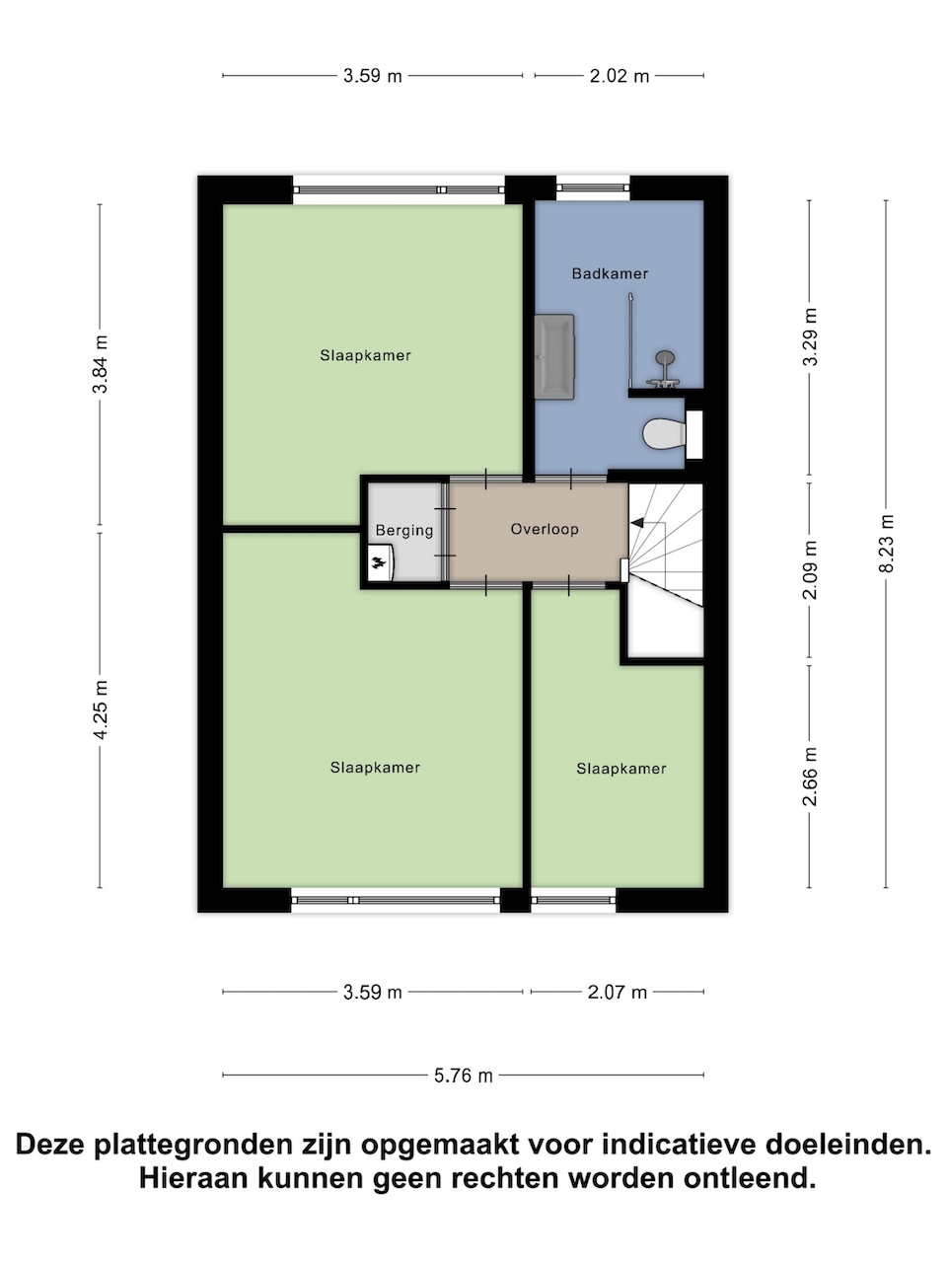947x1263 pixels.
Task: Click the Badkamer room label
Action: pyautogui.click(x=610, y=274)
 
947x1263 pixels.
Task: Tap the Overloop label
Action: pyautogui.click(x=545, y=529)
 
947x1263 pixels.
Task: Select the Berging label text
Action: pyautogui.click(x=404, y=530)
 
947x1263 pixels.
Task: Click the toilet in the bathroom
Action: pyautogui.click(x=664, y=434)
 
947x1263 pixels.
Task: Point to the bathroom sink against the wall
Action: pyautogui.click(x=554, y=357)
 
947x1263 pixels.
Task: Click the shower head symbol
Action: pyautogui.click(x=665, y=358)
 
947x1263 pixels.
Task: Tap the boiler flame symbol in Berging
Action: pyautogui.click(x=378, y=562)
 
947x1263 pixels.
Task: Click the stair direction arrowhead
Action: pyautogui.click(x=637, y=522)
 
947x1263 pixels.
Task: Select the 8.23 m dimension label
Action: pyautogui.click(x=886, y=543)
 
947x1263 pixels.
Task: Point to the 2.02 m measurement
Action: pyautogui.click(x=619, y=76)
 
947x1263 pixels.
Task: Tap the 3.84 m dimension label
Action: pyautogui.click(x=100, y=364)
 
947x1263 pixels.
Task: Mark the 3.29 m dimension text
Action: pyautogui.click(x=810, y=336)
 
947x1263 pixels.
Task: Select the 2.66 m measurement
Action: pyautogui.click(x=810, y=777)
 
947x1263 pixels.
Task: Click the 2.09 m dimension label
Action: pyautogui.click(x=810, y=570)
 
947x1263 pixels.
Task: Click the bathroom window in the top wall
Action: pyautogui.click(x=593, y=187)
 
